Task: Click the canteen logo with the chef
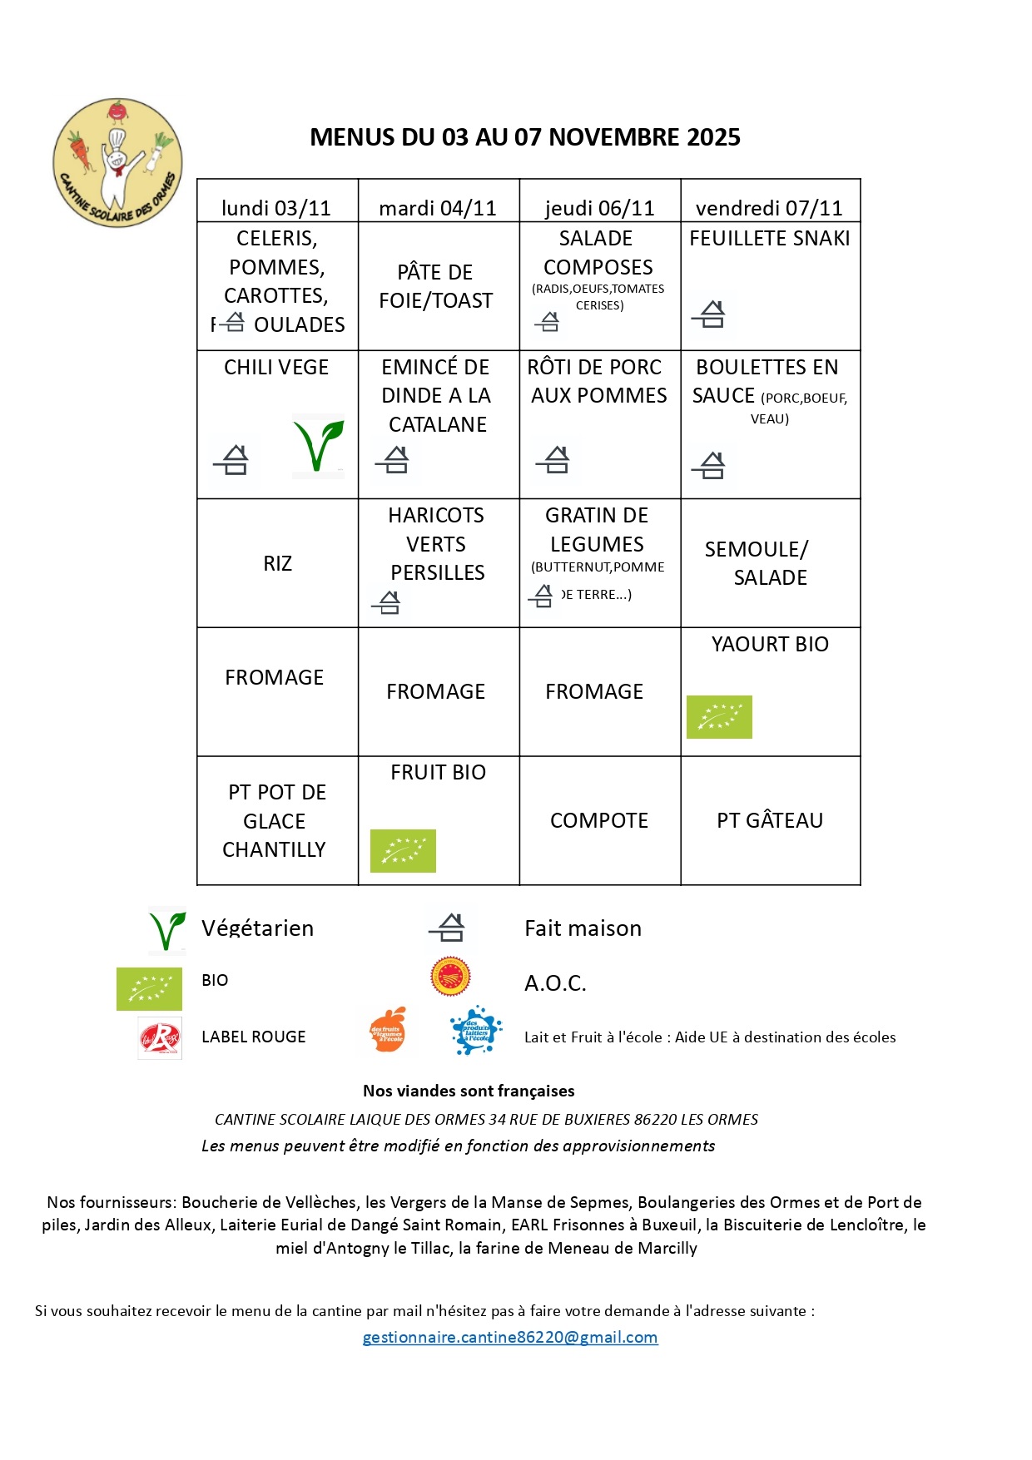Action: click(117, 162)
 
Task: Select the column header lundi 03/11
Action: click(276, 207)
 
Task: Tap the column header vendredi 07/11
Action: click(769, 207)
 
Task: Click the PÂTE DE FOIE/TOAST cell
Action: click(436, 286)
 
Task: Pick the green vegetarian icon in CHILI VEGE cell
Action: click(318, 446)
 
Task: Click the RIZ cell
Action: click(278, 563)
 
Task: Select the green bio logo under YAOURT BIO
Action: click(719, 716)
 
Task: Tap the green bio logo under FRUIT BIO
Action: click(403, 850)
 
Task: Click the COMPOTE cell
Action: click(599, 820)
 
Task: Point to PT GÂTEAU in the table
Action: click(770, 820)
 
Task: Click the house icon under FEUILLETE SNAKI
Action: click(709, 314)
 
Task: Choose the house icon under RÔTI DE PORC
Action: click(553, 458)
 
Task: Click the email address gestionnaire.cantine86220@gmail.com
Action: click(510, 1337)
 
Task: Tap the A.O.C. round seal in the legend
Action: click(450, 976)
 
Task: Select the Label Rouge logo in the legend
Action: click(160, 1037)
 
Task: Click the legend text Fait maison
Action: click(583, 928)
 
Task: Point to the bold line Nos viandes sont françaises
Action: click(469, 1091)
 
